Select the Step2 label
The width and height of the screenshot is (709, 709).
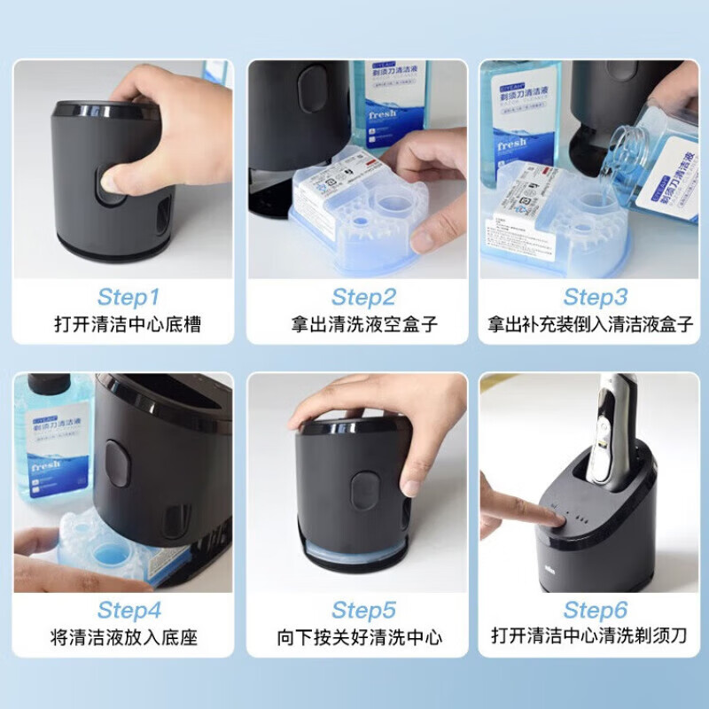362,296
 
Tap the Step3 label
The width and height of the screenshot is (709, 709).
595,296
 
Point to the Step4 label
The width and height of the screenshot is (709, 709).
129,610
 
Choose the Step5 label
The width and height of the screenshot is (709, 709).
362,610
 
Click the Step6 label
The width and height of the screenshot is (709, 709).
595,610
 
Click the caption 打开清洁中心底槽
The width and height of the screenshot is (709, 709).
128,324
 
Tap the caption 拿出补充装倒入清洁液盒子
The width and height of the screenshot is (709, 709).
591,324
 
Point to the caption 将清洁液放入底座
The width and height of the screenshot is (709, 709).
128,637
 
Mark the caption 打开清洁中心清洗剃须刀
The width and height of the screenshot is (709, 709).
591,637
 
